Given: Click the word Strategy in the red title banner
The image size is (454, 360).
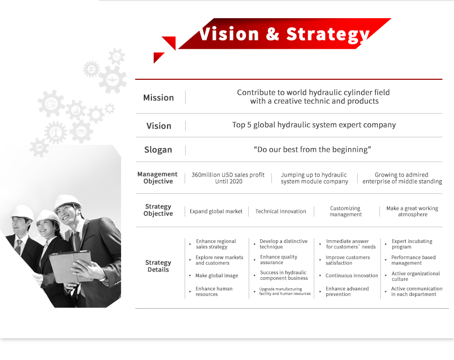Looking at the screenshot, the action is click(328, 35).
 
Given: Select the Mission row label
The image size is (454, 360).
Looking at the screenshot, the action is click(158, 97).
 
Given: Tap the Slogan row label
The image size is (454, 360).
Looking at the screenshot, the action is click(158, 149).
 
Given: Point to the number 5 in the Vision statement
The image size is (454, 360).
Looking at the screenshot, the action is click(249, 125).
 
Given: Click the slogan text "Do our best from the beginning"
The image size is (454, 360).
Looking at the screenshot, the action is click(312, 149).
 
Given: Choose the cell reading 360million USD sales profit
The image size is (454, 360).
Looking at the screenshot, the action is click(228, 178).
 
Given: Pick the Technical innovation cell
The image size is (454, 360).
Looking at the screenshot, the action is click(280, 211).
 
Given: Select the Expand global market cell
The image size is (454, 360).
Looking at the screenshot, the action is click(216, 211).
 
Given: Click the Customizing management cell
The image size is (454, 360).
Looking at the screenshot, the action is click(346, 211).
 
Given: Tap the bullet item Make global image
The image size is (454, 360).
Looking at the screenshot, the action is click(216, 276).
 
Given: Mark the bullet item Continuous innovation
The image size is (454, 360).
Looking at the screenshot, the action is click(352, 276).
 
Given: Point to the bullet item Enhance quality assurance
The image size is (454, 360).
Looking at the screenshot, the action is click(279, 260).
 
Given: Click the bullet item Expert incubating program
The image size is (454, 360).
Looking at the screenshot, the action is click(412, 244).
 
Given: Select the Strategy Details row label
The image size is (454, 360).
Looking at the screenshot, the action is click(158, 266).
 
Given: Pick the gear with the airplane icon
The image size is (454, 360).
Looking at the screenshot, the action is click(112, 79).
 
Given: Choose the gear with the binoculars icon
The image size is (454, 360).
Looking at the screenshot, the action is click(81, 132).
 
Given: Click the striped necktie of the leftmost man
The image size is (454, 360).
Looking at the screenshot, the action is click(18, 247).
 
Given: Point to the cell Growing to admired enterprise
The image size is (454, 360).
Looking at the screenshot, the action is click(402, 178).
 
